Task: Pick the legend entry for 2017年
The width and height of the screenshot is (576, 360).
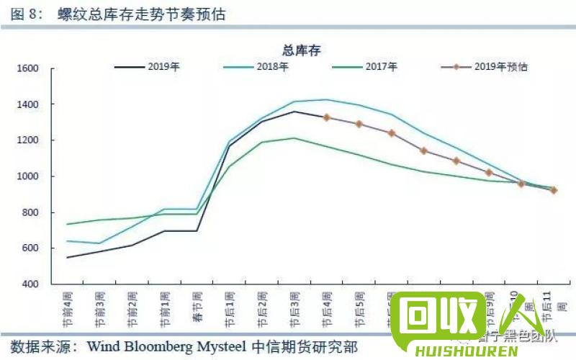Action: click(381, 67)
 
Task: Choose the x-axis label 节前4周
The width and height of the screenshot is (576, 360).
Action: click(67, 305)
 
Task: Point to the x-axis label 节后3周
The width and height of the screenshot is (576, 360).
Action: click(294, 305)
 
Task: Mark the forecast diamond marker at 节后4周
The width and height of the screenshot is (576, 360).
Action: click(327, 117)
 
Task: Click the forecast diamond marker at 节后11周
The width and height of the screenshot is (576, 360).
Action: click(554, 191)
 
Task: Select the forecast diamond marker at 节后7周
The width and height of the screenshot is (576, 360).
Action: click(424, 151)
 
